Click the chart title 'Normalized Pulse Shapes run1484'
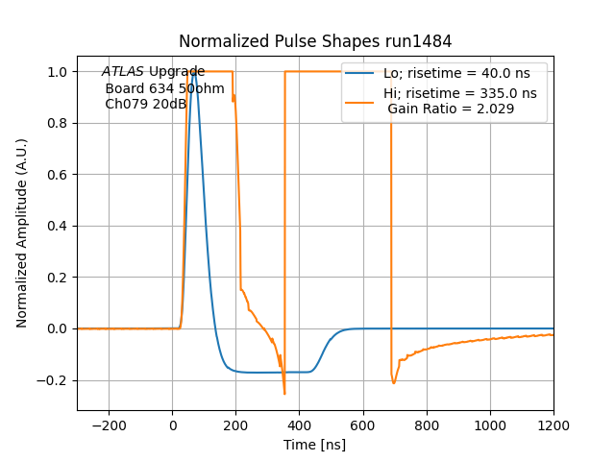315,41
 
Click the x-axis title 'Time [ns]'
315,445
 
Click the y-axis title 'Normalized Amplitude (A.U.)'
22,233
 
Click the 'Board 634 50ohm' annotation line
164,88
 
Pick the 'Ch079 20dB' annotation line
145,104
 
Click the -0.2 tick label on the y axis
56,380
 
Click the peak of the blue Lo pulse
194,72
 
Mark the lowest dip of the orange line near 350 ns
284,393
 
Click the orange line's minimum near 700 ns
393,383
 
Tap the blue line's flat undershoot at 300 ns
268,372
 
